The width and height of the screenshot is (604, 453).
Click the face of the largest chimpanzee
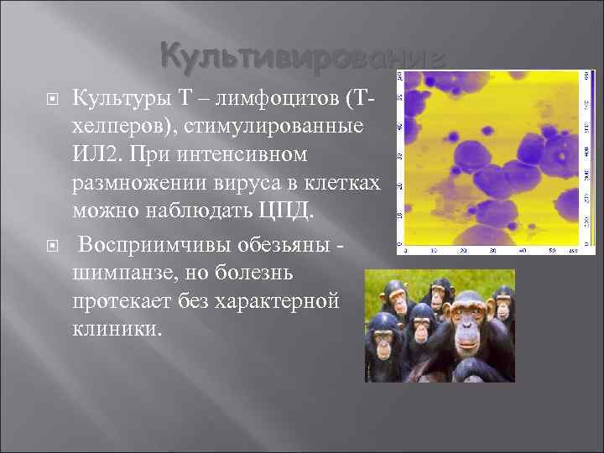[471, 323]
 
